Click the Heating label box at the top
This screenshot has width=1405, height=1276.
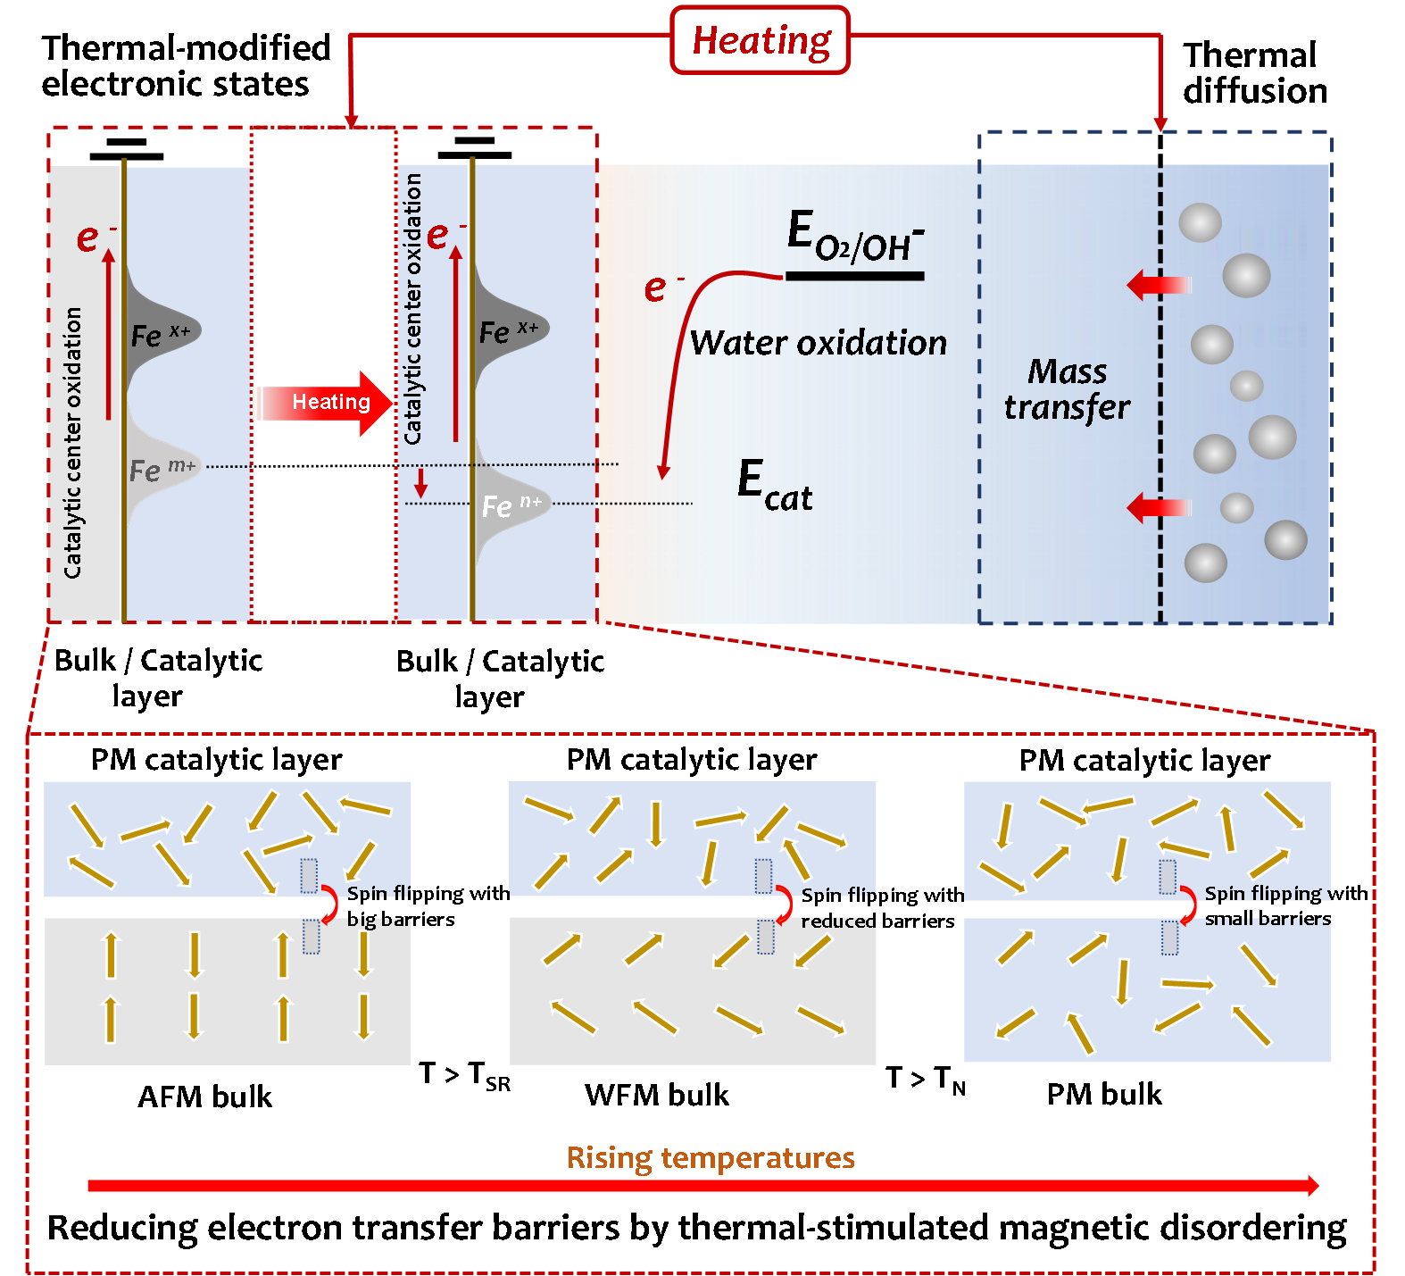pyautogui.click(x=760, y=40)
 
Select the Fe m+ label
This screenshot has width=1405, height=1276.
pyautogui.click(x=162, y=469)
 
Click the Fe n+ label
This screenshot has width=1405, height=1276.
pyautogui.click(x=511, y=505)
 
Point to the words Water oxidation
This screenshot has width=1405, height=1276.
pyautogui.click(x=818, y=343)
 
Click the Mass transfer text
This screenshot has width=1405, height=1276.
pyautogui.click(x=1067, y=389)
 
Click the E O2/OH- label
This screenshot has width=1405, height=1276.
pyautogui.click(x=854, y=236)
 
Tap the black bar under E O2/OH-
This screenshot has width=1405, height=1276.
pyautogui.click(x=854, y=277)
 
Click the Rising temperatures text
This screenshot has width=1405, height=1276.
pyautogui.click(x=711, y=1158)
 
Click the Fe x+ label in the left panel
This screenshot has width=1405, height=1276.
pyautogui.click(x=161, y=335)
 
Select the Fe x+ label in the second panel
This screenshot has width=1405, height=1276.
pyautogui.click(x=509, y=331)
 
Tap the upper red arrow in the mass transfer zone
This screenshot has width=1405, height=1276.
pyautogui.click(x=1158, y=285)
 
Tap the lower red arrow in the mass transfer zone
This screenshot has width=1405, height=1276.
pyautogui.click(x=1158, y=507)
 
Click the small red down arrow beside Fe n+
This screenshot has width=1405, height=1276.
pyautogui.click(x=421, y=483)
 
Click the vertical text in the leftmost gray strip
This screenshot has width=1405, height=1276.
pyautogui.click(x=73, y=442)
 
